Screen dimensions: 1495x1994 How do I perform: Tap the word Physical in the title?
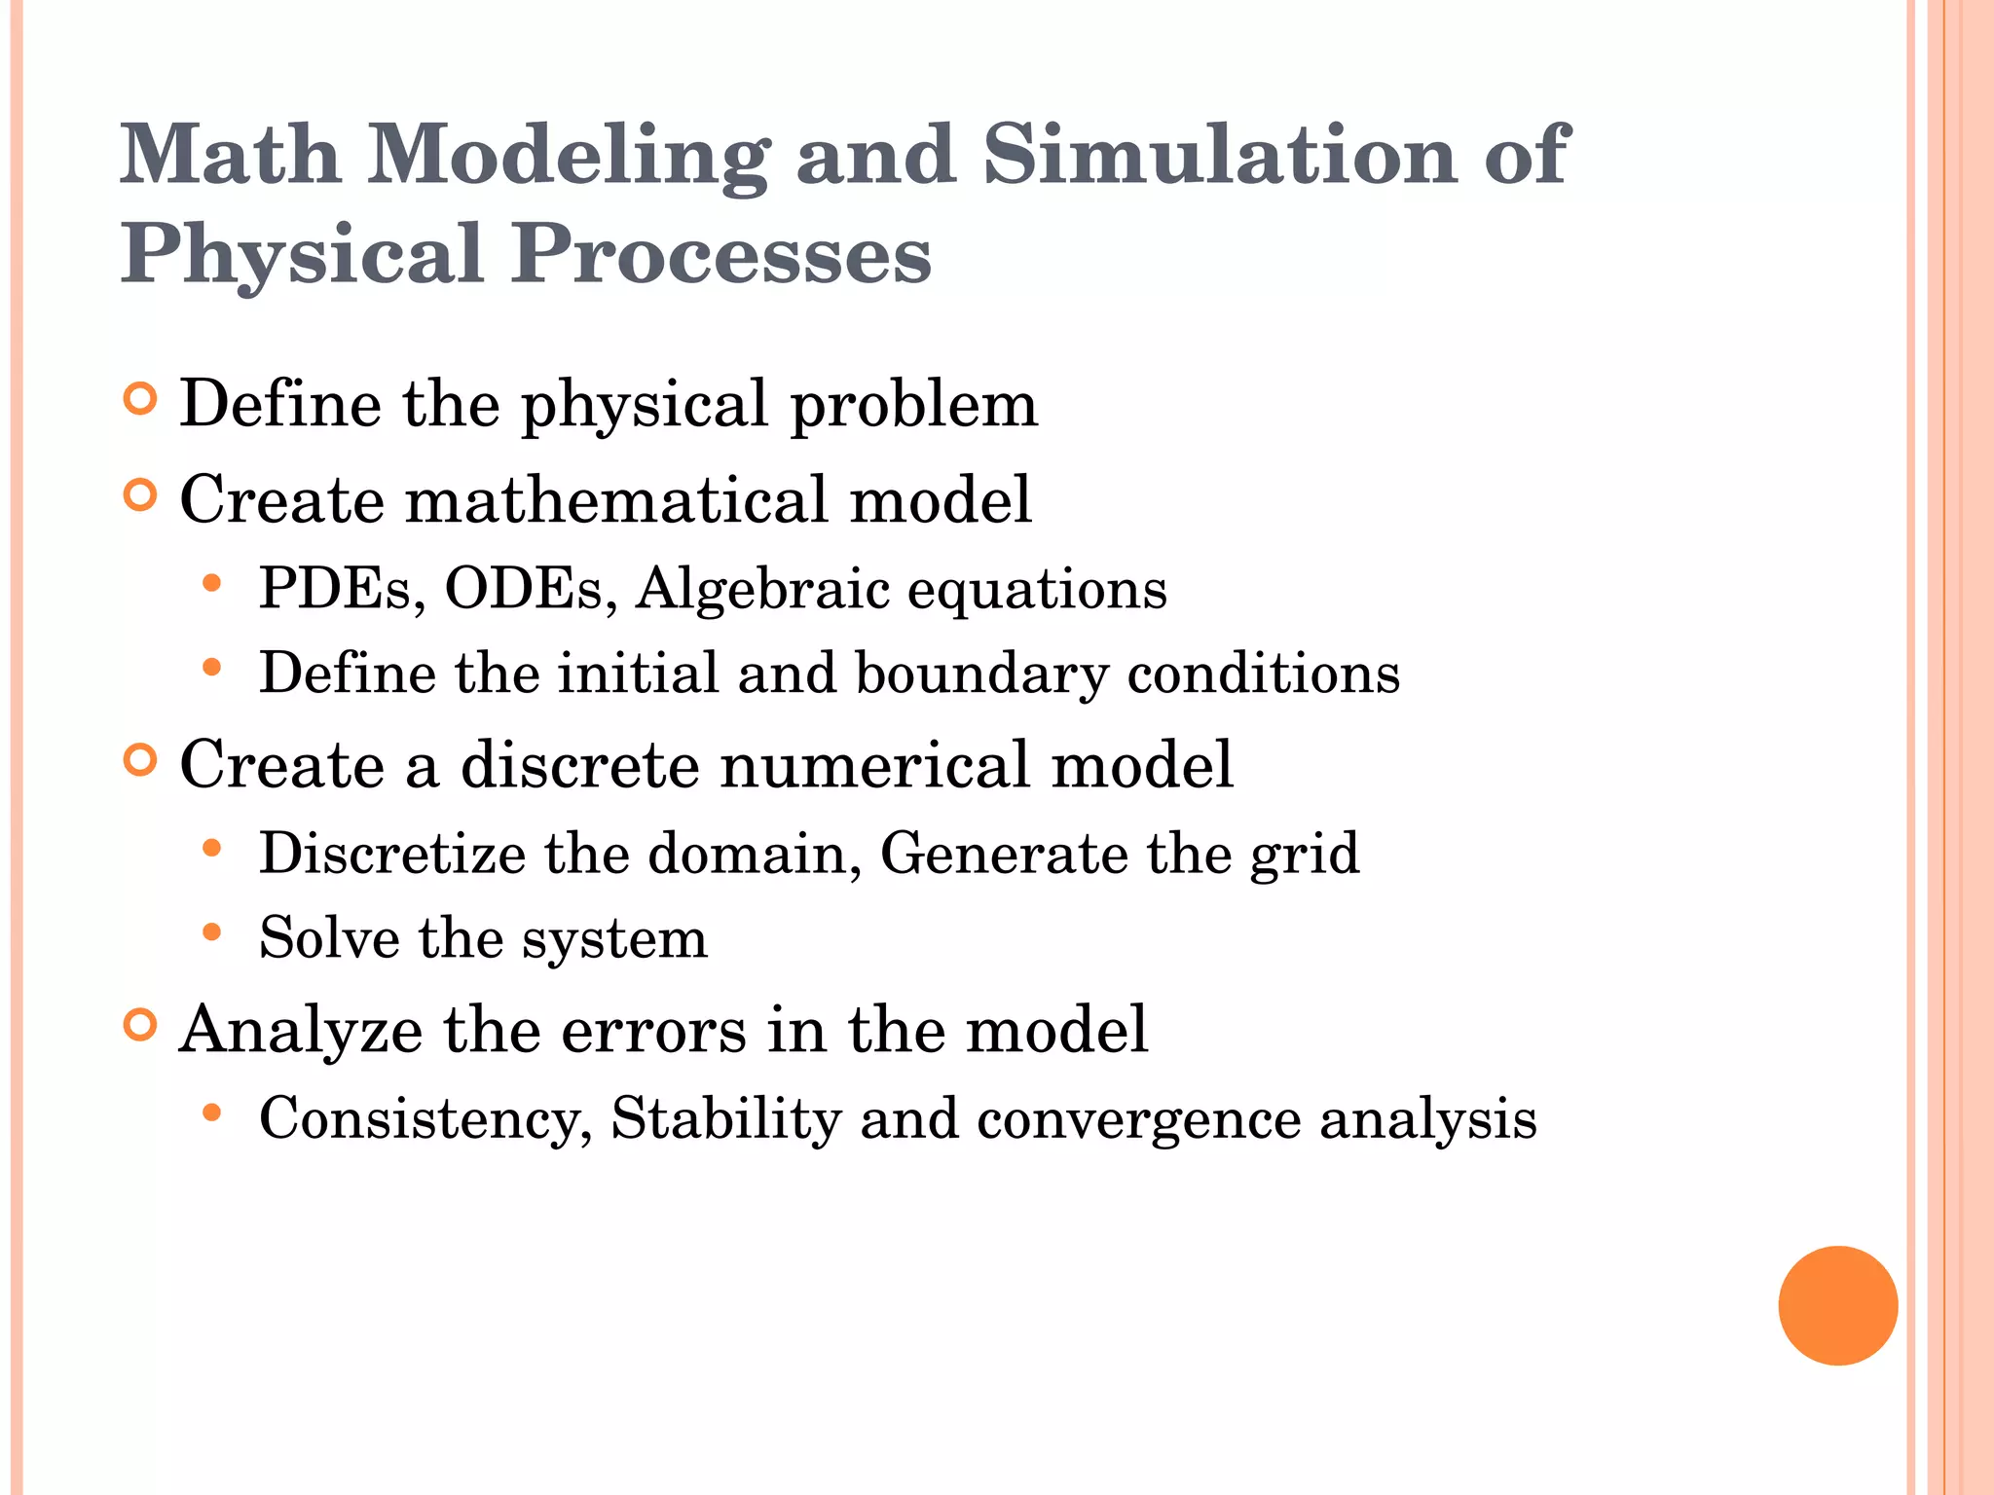pyautogui.click(x=302, y=255)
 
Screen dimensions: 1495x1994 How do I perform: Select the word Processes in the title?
pyautogui.click(x=721, y=255)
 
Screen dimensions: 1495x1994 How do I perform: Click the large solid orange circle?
pyautogui.click(x=1837, y=1305)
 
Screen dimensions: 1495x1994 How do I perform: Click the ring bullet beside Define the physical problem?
pyautogui.click(x=141, y=399)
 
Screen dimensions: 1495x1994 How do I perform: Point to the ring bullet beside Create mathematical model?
pyautogui.click(x=141, y=495)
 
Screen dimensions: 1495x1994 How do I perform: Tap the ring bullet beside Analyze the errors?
pyautogui.click(x=141, y=1025)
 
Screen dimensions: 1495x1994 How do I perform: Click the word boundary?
pyautogui.click(x=981, y=674)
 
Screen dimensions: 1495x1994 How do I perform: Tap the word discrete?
pyautogui.click(x=580, y=764)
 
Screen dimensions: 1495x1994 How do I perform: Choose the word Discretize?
pyautogui.click(x=392, y=854)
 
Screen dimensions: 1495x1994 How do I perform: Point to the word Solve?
pyautogui.click(x=329, y=938)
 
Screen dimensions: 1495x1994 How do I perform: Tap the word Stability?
pyautogui.click(x=725, y=1118)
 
